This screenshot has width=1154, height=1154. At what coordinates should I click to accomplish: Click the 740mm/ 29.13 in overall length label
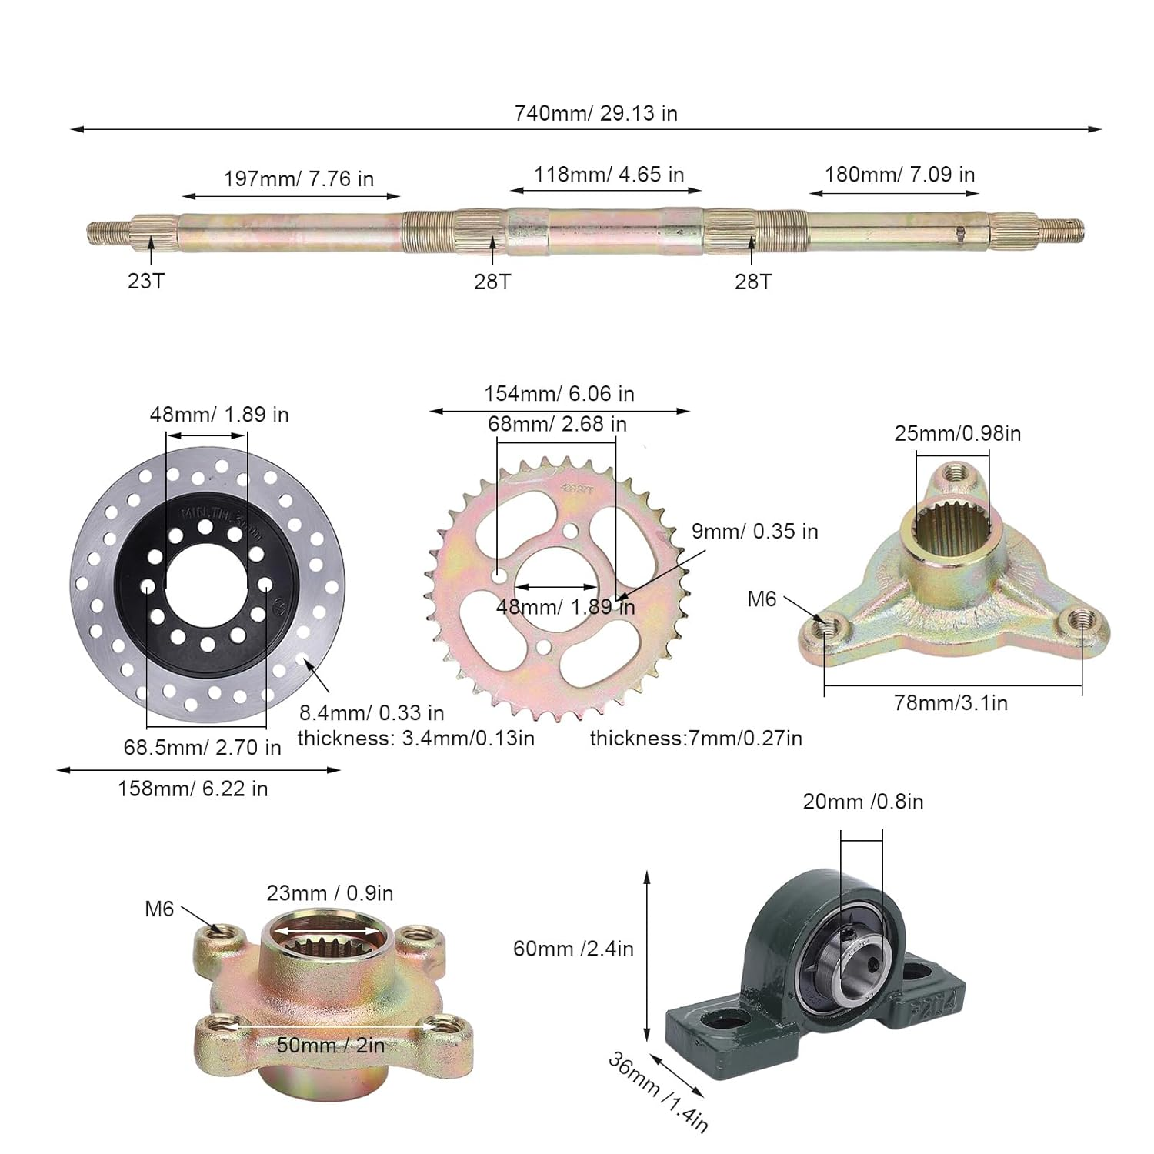595,113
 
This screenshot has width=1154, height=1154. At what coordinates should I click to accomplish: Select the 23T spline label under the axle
145,281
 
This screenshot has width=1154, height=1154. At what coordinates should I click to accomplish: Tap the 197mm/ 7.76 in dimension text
299,178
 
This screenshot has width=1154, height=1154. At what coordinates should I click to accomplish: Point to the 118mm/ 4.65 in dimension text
609,175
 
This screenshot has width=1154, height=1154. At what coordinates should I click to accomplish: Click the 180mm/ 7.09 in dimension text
899,175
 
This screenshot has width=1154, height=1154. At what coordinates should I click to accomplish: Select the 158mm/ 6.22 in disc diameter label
192,789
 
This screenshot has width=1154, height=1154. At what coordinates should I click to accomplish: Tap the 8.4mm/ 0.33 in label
372,712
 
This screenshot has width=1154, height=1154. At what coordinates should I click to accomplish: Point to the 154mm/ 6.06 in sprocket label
559,394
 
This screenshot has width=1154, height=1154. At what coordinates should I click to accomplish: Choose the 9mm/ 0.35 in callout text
754,531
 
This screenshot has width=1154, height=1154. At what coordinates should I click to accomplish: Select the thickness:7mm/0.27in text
695,739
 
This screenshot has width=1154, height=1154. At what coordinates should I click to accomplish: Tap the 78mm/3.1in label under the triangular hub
950,702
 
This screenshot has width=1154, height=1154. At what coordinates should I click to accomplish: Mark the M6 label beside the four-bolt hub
159,909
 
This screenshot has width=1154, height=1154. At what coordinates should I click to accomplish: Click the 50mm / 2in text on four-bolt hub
330,1045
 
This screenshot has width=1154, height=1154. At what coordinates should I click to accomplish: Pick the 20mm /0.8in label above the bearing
862,802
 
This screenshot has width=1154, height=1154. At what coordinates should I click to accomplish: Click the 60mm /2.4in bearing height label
573,949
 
